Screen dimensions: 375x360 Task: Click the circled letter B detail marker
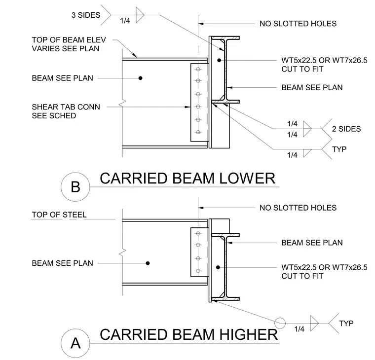tap(75, 187)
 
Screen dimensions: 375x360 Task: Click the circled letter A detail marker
tap(75, 343)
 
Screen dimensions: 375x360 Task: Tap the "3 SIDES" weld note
tap(86, 15)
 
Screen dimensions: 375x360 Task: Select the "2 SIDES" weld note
tap(346, 129)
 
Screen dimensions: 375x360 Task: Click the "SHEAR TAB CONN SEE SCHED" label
tap(66, 111)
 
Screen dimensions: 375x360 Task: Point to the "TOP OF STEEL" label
tap(59, 215)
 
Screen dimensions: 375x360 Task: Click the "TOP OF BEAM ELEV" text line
tap(69, 39)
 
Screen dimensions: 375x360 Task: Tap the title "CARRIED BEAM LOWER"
tap(187, 179)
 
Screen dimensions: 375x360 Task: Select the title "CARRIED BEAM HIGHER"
tap(189, 334)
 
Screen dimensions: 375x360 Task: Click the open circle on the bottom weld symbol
tap(280, 323)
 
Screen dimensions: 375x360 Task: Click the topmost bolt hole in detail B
tap(198, 70)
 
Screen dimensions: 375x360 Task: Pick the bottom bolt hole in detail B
tap(198, 132)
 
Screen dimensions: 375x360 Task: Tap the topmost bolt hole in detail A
tap(198, 233)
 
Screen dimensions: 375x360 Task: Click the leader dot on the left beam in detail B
tap(141, 78)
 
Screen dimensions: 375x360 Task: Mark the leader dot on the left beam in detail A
tap(148, 263)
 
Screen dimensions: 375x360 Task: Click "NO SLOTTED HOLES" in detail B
tap(298, 24)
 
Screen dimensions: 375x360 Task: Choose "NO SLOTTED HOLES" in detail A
tap(298, 208)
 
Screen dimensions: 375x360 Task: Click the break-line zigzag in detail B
tap(122, 103)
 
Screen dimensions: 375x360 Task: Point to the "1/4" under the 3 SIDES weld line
tap(125, 21)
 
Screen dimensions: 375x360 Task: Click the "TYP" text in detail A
tap(346, 324)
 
